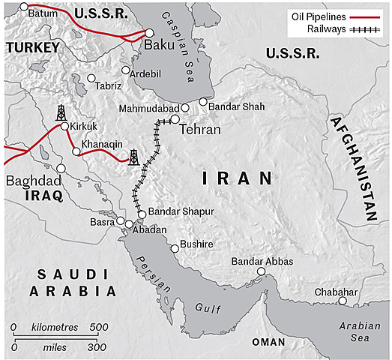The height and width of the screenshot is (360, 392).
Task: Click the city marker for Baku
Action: pos(149,33)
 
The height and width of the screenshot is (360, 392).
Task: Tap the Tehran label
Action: pos(200,130)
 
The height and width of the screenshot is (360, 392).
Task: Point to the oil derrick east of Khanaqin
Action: pos(133,157)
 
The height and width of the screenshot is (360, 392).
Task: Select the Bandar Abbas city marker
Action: pos(262,272)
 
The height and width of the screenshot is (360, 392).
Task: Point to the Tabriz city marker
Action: pos(91,78)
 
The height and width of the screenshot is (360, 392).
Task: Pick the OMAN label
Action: pos(268,341)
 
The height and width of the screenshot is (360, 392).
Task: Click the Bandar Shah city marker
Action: pos(203,102)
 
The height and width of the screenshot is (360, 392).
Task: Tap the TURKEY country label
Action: pos(31,48)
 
